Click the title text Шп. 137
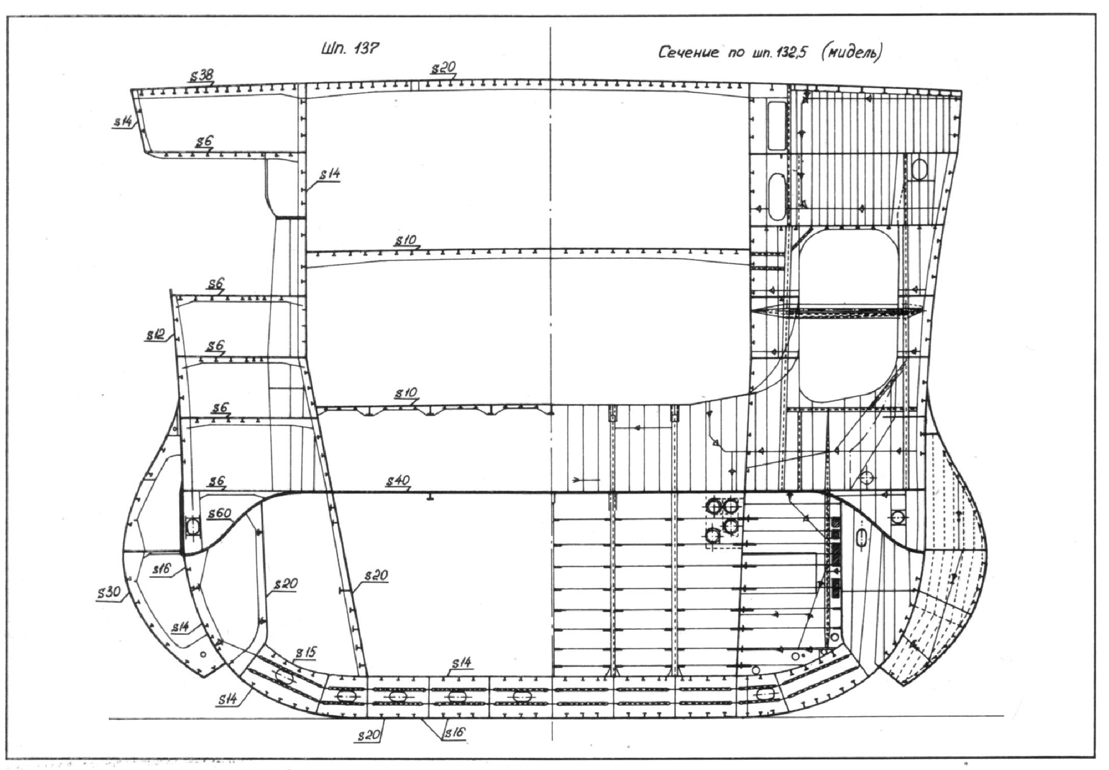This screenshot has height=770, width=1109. point(350,49)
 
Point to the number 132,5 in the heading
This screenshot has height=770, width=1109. point(790,53)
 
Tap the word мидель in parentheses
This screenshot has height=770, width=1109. point(852,53)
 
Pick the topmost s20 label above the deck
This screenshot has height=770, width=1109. point(443,68)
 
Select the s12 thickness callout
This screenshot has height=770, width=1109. point(155,335)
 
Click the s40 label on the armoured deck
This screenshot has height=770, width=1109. point(398,480)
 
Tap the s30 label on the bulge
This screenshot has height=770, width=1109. point(108,592)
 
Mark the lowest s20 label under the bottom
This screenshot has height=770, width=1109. point(368,735)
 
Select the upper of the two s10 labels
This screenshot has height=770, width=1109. point(406,240)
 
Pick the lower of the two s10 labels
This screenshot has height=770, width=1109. point(406,393)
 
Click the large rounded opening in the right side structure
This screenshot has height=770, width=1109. point(848,315)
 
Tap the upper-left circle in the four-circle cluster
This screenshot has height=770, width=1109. point(713,507)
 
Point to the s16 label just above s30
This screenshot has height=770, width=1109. point(163,568)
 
